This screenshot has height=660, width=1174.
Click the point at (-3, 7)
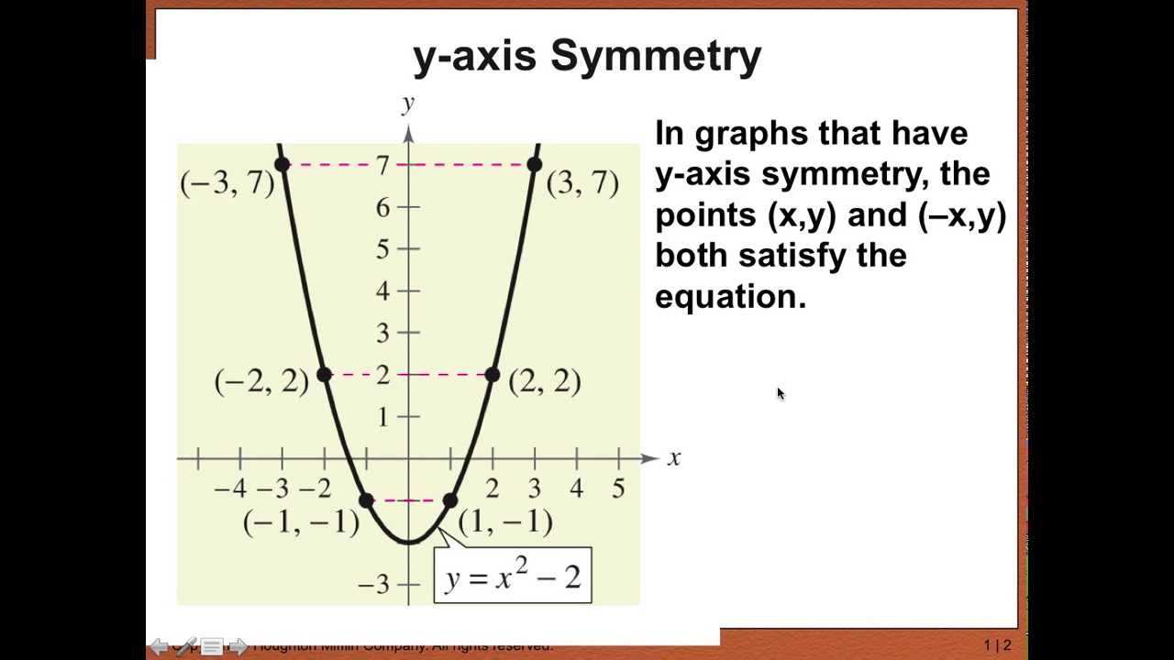[282, 164]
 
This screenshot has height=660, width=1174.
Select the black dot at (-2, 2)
[324, 374]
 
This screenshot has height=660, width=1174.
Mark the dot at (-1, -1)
[366, 500]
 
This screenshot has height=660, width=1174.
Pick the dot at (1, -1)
[450, 500]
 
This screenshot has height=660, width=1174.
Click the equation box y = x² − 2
[513, 576]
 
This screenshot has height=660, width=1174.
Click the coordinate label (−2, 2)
[261, 380]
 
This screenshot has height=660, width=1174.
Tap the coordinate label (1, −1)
[504, 522]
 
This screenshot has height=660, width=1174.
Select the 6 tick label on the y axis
[382, 207]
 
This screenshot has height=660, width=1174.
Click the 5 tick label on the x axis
[618, 489]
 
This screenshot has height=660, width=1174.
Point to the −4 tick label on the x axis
[230, 489]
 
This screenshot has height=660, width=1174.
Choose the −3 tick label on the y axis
[377, 584]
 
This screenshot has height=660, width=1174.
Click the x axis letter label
[674, 457]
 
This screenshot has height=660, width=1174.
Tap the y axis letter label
[408, 104]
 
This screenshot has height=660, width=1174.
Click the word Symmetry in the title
[655, 57]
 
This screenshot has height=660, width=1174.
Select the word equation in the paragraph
[730, 297]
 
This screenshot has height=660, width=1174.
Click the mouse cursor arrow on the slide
[780, 393]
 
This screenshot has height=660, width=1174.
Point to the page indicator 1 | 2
[997, 645]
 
